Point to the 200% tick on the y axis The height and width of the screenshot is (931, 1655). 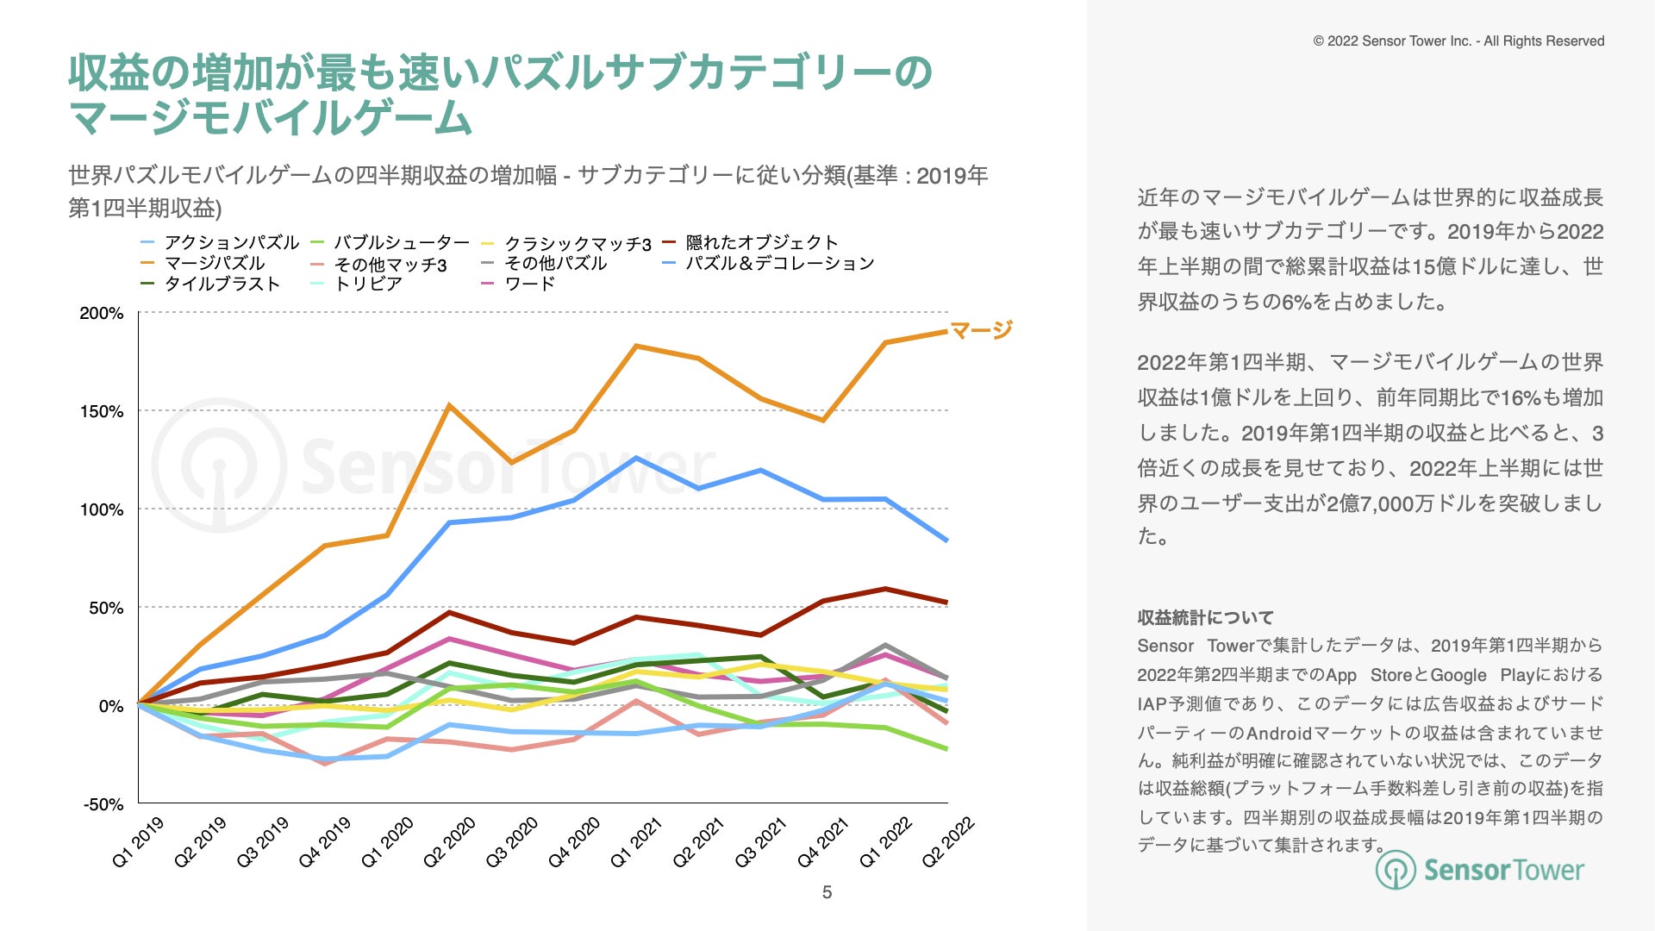[x=102, y=313]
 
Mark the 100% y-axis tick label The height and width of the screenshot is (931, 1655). [x=102, y=509]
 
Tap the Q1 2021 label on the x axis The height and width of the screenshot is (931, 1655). [x=636, y=842]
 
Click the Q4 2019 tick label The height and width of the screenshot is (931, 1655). [x=325, y=842]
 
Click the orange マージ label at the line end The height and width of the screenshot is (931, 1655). [x=981, y=329]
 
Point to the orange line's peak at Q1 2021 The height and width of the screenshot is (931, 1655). [x=636, y=347]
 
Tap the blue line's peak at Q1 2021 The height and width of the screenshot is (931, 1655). [x=636, y=458]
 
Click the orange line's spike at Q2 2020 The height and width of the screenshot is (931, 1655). [x=449, y=405]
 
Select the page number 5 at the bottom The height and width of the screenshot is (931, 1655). [x=827, y=892]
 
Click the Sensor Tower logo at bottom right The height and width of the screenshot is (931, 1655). [x=1479, y=870]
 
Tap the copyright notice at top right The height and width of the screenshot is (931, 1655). [x=1458, y=41]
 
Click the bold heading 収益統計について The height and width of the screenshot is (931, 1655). [x=1205, y=617]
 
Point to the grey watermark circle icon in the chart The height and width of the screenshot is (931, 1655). [x=219, y=465]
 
